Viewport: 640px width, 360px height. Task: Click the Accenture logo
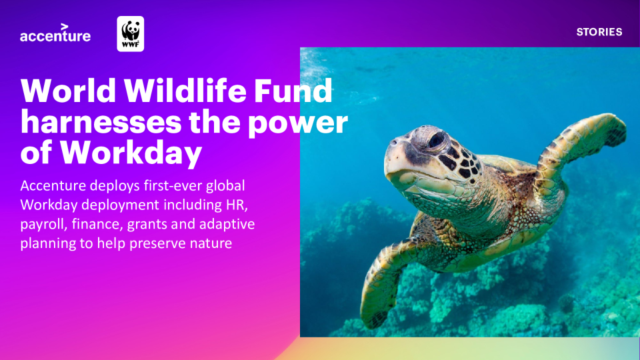(55, 33)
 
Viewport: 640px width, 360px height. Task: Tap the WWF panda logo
(131, 34)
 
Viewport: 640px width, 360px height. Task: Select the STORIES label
(599, 32)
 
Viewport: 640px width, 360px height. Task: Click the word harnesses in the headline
(101, 122)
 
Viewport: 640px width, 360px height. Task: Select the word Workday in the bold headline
(131, 153)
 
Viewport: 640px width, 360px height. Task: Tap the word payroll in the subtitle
(44, 225)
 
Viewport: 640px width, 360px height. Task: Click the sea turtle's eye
(437, 140)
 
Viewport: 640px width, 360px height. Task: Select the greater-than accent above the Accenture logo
(65, 27)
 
